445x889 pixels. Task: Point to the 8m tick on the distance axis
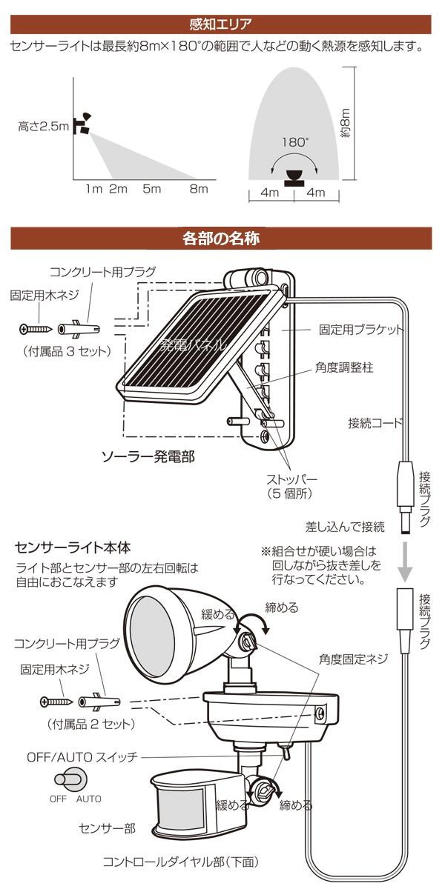tap(198, 189)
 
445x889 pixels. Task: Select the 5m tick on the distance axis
tap(151, 189)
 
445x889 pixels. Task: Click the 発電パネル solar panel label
tap(193, 344)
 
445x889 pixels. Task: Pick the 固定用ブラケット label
tap(361, 329)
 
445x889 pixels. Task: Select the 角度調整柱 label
tap(343, 367)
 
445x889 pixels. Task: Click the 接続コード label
tap(376, 423)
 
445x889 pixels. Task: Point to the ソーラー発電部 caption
tap(148, 457)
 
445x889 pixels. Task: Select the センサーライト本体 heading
tap(73, 548)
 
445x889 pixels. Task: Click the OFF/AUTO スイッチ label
tap(82, 757)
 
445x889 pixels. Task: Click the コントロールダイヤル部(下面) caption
tap(180, 862)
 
